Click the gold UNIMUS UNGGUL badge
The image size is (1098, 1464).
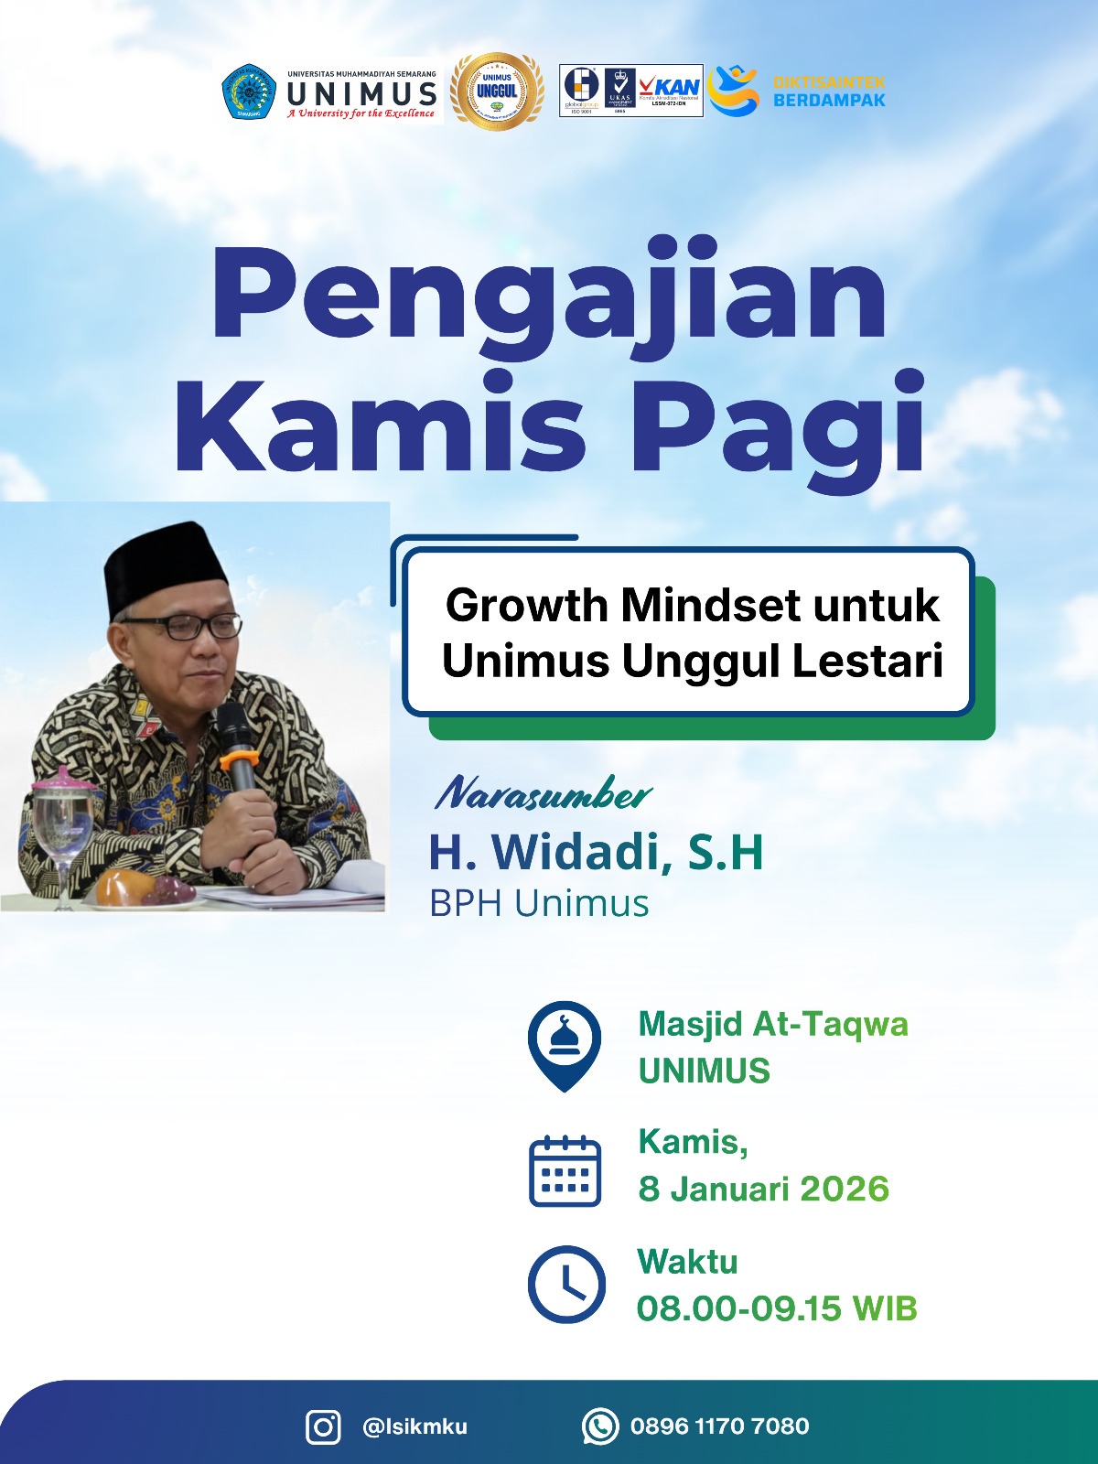pyautogui.click(x=497, y=91)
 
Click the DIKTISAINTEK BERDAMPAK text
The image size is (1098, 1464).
pyautogui.click(x=829, y=91)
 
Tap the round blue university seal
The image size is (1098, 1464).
pyautogui.click(x=249, y=91)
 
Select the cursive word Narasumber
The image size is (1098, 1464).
pyautogui.click(x=544, y=793)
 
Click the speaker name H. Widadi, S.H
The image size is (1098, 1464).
pyautogui.click(x=596, y=852)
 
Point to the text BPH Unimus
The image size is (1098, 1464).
pyautogui.click(x=539, y=903)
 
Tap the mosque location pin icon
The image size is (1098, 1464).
pyautogui.click(x=565, y=1044)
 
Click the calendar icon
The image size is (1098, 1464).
pyautogui.click(x=565, y=1170)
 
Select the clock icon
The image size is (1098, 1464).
pyautogui.click(x=566, y=1284)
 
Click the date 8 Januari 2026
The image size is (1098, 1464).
pyautogui.click(x=763, y=1189)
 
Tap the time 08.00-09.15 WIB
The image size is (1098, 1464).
pyautogui.click(x=777, y=1308)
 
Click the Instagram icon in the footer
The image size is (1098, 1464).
pyautogui.click(x=323, y=1426)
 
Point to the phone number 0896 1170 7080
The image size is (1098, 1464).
pyautogui.click(x=719, y=1426)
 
